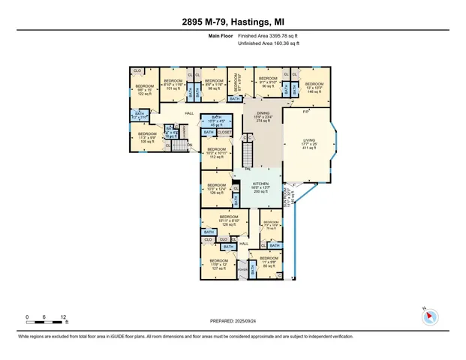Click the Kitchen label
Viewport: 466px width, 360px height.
(260, 187)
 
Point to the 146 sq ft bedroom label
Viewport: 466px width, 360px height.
(314, 87)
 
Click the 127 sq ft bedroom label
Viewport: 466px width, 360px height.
(218, 264)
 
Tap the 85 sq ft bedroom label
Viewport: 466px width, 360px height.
(269, 262)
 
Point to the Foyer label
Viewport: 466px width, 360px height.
(242, 268)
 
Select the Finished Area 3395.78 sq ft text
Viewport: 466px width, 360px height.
(269, 35)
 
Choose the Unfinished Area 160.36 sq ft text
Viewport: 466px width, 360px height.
(269, 43)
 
